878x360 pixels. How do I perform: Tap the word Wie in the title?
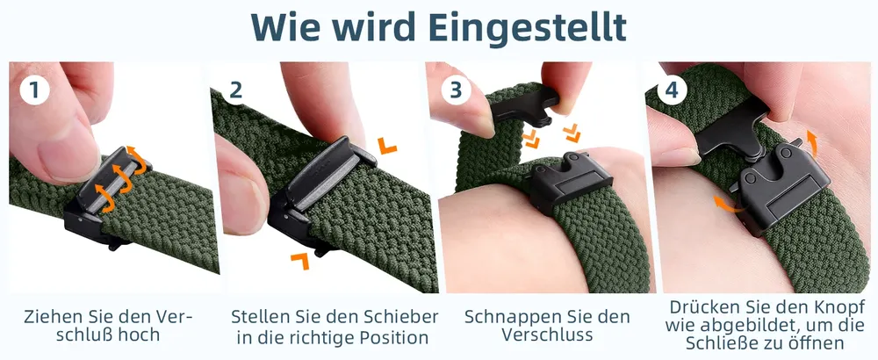285,25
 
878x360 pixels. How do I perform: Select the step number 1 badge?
35,90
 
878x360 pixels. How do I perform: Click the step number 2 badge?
235,90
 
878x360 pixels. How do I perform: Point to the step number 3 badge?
456,90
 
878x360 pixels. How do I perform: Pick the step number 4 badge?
671,90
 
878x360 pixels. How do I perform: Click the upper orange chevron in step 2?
386,145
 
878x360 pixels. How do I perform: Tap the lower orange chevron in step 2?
300,260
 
